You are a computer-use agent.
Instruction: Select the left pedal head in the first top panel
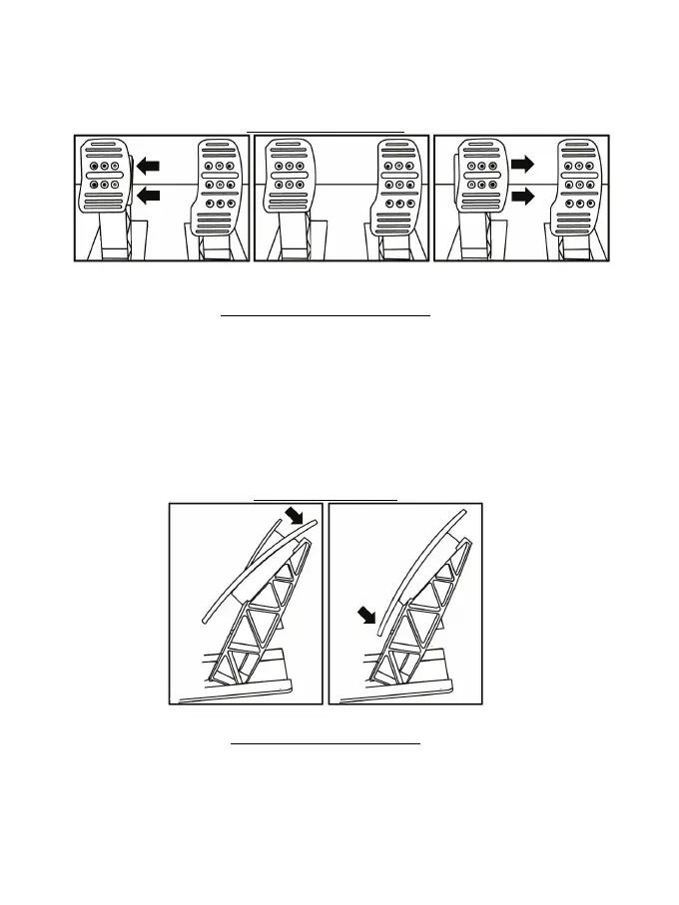(103, 178)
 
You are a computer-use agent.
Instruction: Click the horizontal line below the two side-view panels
(326, 743)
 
